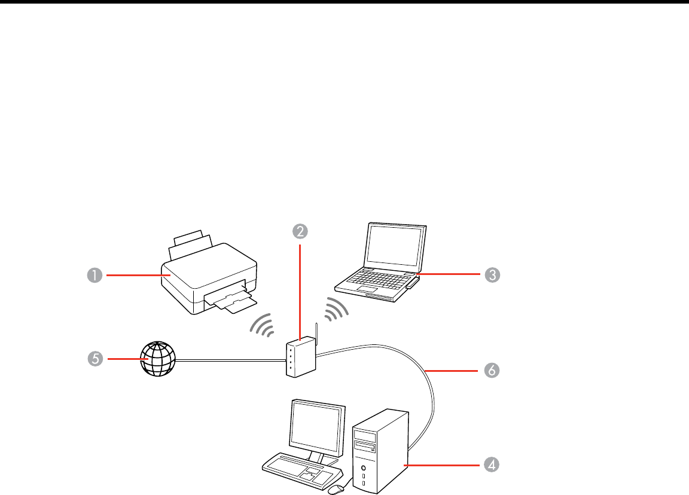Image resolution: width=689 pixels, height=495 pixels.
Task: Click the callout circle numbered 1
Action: (x=94, y=275)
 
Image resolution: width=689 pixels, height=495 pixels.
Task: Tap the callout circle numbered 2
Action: (x=300, y=230)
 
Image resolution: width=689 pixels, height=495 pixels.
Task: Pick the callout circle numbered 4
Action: (x=492, y=465)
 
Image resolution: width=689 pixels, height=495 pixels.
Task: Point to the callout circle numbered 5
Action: (x=94, y=359)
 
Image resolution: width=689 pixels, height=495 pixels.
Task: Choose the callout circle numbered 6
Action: (x=492, y=371)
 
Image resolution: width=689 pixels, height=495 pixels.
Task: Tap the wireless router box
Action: (x=300, y=358)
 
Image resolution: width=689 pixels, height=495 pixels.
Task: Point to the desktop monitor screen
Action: (x=317, y=426)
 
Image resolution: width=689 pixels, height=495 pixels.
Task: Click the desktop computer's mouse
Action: (x=336, y=488)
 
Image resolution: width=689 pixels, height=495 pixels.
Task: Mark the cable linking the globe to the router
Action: (x=230, y=360)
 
